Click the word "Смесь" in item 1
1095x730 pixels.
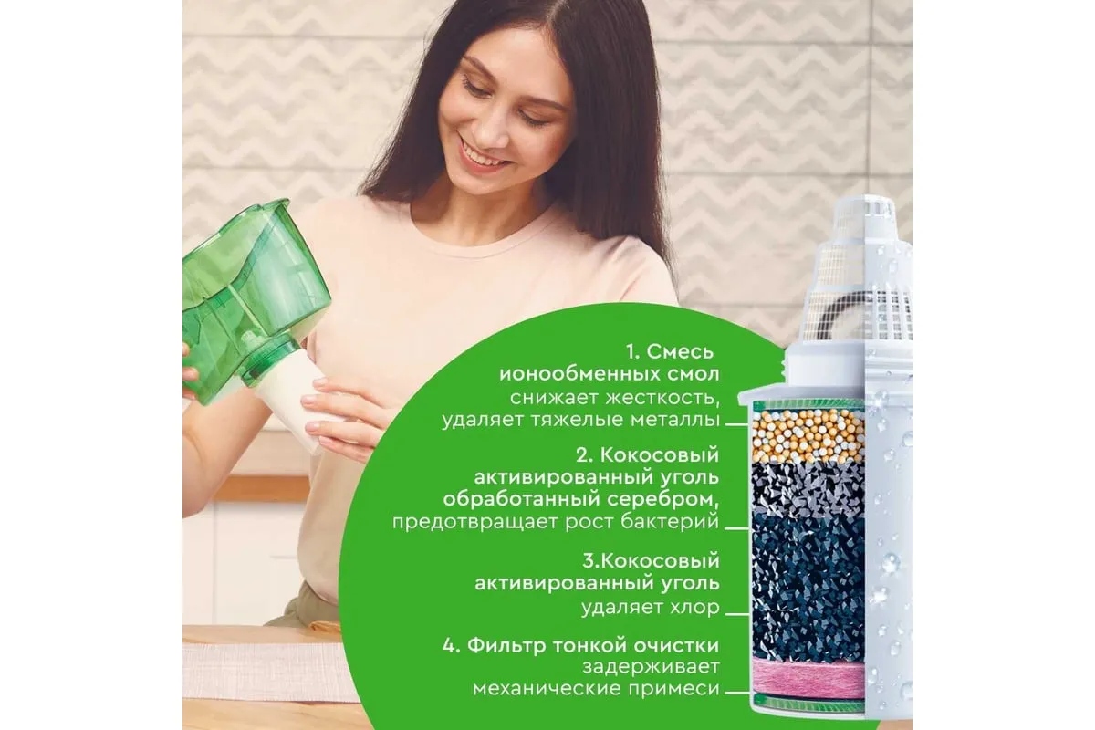[680, 351]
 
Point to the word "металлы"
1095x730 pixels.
[674, 420]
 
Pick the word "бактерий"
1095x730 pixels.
[670, 522]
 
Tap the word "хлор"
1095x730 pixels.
[695, 608]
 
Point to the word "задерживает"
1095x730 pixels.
[652, 667]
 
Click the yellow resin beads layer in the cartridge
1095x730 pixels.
[808, 436]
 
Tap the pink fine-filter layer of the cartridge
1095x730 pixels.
[808, 677]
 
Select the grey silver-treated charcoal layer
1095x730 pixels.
[808, 489]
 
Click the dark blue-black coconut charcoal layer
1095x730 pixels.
[808, 587]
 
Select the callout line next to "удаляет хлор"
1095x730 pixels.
[737, 614]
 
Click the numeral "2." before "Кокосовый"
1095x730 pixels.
[584, 455]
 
